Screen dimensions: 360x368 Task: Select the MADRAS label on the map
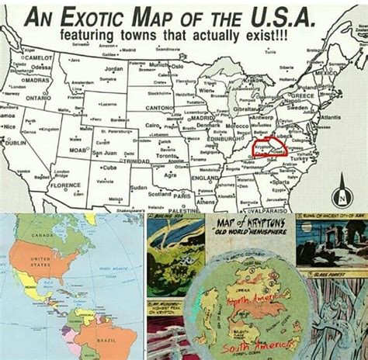click(36, 79)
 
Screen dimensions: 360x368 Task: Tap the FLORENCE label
click(66, 186)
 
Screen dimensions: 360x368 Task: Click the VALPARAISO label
click(269, 209)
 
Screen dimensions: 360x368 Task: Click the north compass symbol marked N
click(341, 194)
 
